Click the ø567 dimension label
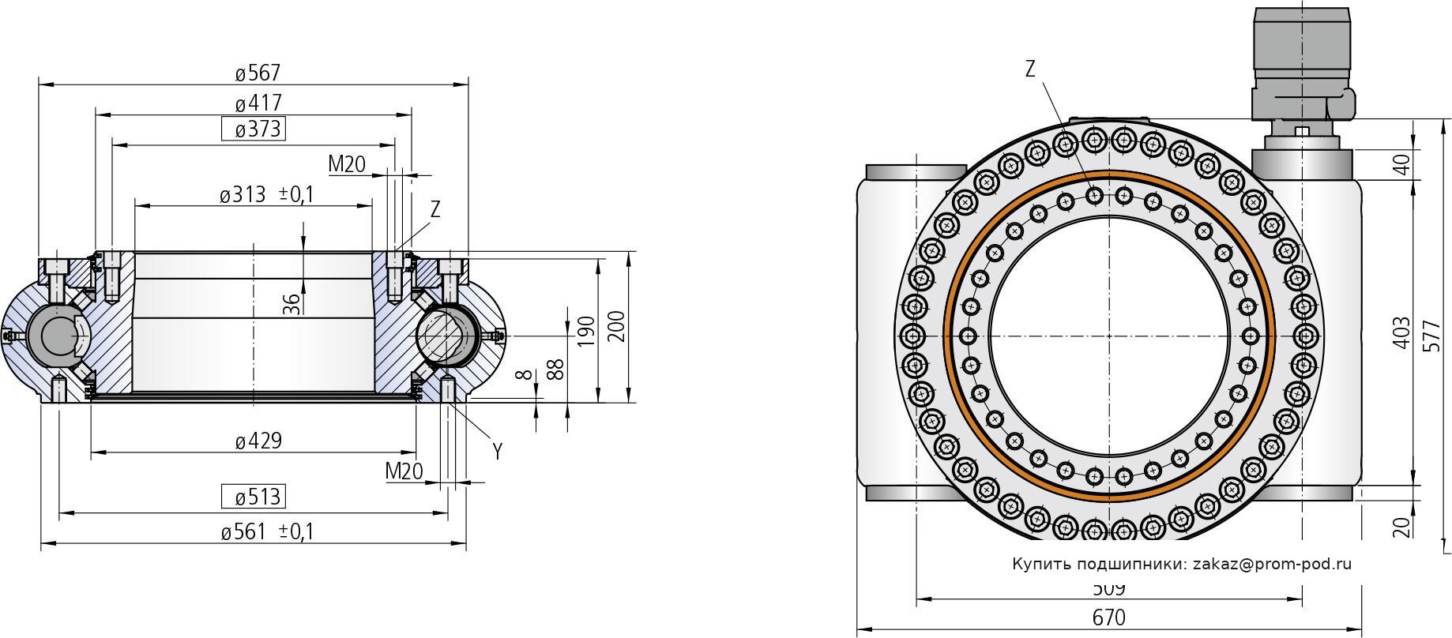click(258, 73)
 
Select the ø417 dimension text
click(258, 103)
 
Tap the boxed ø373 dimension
click(253, 129)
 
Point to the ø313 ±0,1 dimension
click(266, 194)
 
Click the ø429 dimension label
click(258, 441)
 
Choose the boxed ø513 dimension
click(253, 497)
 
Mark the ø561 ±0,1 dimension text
click(267, 532)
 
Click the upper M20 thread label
click(347, 164)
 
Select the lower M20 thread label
click(404, 471)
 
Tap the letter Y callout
click(498, 452)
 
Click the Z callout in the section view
click(434, 210)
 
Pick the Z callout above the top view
click(1030, 69)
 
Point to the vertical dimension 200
click(618, 326)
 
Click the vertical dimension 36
click(292, 304)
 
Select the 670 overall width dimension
click(1108, 617)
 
